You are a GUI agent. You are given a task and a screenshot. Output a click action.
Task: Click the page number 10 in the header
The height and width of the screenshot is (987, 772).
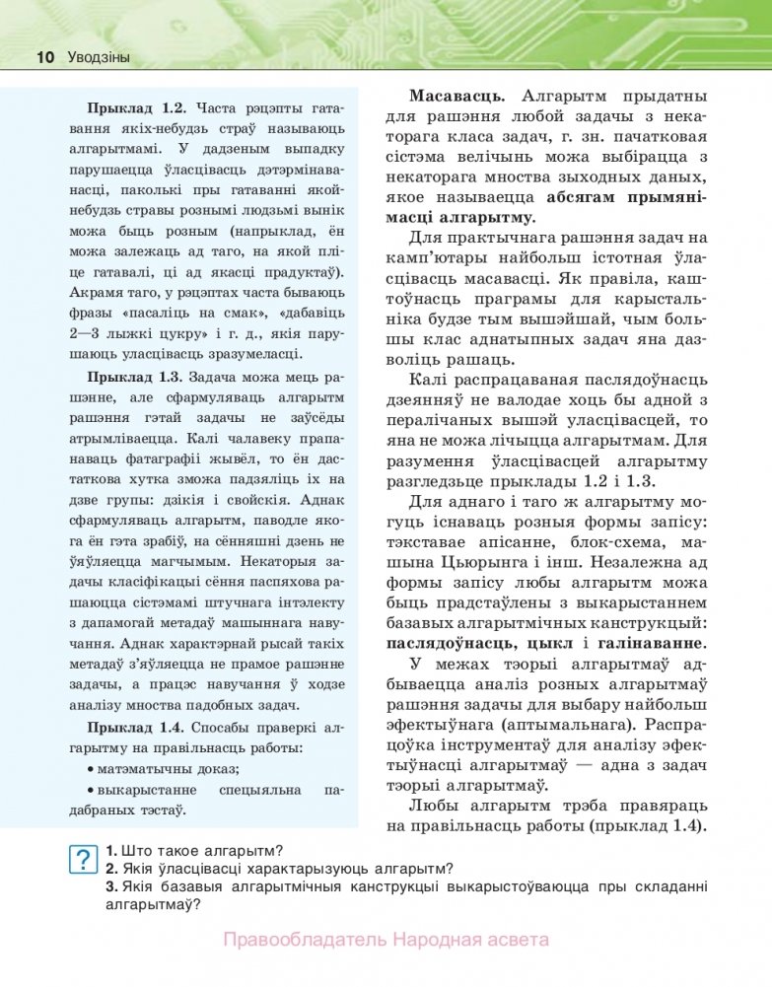pyautogui.click(x=43, y=58)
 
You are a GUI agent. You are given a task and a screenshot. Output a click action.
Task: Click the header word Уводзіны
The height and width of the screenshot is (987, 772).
pyautogui.click(x=99, y=58)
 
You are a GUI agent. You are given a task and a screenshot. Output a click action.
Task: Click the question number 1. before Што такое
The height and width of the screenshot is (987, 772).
pyautogui.click(x=111, y=850)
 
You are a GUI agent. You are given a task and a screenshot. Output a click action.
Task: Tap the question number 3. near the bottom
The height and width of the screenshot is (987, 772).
pyautogui.click(x=111, y=887)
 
